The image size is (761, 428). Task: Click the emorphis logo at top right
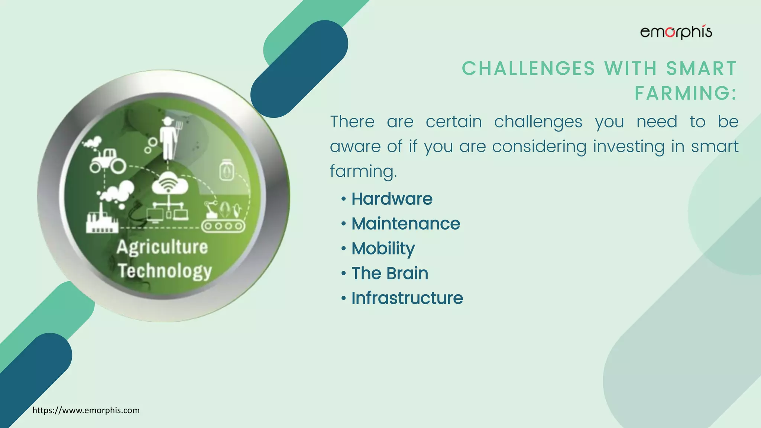[x=676, y=33]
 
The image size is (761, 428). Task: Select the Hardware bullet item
[x=392, y=199]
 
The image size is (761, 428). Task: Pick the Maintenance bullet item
[x=405, y=224]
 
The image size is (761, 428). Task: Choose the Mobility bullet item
[x=383, y=249]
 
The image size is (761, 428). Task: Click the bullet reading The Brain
[x=390, y=273]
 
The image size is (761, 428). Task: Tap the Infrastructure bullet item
[x=407, y=298]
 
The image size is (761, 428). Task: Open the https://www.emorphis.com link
[x=86, y=411]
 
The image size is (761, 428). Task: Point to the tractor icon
[x=107, y=160]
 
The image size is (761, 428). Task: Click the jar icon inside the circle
[x=227, y=170]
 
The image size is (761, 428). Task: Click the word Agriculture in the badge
[x=162, y=247]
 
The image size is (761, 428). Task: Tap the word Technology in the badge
[x=165, y=271]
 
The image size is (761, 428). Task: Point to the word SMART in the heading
[x=701, y=69]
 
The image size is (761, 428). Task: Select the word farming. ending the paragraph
[x=363, y=171]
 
